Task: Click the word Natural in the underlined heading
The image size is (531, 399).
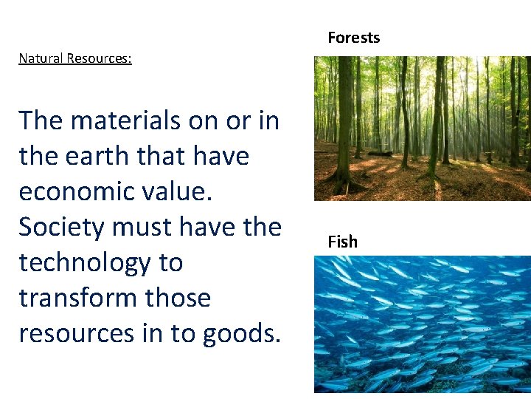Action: click(41, 58)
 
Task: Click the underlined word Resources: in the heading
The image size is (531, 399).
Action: click(99, 58)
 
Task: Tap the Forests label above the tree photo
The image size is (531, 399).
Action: click(353, 38)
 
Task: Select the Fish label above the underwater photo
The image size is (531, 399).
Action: click(342, 242)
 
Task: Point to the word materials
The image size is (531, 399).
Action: click(125, 120)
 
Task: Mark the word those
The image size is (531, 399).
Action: click(179, 298)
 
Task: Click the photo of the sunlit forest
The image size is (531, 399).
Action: click(422, 129)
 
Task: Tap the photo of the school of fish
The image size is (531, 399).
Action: click(422, 324)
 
